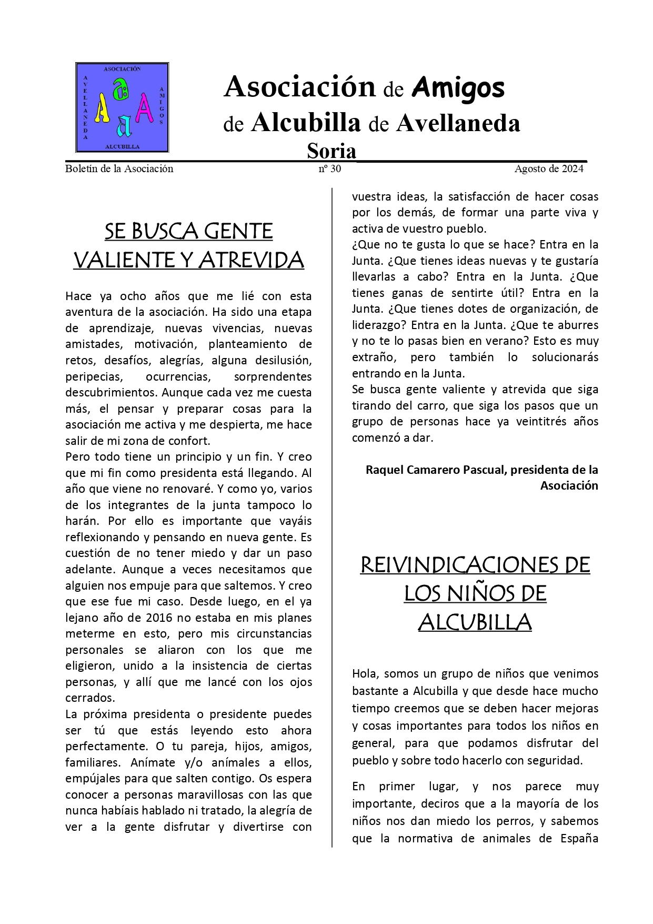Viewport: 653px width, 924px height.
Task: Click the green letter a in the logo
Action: (x=122, y=90)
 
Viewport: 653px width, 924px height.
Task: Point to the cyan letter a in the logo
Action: (x=124, y=125)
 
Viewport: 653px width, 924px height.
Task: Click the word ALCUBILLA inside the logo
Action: (x=122, y=146)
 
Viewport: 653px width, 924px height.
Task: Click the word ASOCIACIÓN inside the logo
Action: (x=122, y=69)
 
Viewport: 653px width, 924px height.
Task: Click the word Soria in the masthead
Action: (x=331, y=151)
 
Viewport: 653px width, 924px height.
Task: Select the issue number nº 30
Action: (x=330, y=169)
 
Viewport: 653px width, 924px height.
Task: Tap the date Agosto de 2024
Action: (x=549, y=169)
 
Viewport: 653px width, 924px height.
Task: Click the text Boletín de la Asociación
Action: (x=119, y=169)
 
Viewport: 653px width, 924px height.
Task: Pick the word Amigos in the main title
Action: (x=458, y=87)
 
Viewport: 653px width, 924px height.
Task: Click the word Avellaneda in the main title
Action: (x=458, y=123)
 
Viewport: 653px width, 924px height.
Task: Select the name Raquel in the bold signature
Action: (x=385, y=469)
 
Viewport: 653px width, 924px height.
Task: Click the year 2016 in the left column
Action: (x=159, y=617)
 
